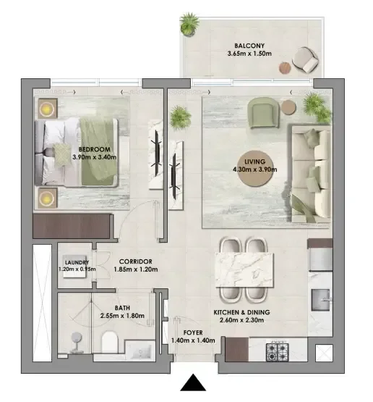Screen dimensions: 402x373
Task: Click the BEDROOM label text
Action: click(x=93, y=149)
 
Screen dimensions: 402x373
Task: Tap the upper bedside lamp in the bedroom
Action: click(x=47, y=109)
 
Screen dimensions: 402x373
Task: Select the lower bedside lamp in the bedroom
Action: click(x=47, y=196)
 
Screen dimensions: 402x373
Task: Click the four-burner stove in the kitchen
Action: click(x=278, y=353)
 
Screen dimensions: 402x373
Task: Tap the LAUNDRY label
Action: click(x=75, y=263)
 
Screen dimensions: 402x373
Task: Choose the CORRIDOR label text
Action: click(x=135, y=261)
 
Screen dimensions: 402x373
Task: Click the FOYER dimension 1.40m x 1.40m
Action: click(x=192, y=340)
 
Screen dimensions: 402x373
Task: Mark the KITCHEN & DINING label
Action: click(x=242, y=313)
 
